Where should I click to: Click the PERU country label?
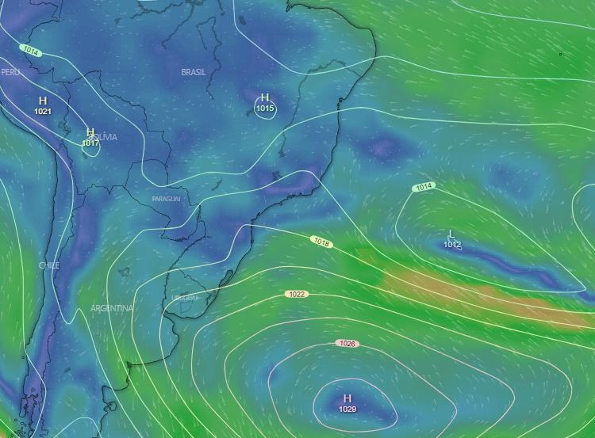coord(10,72)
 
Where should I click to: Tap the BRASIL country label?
coord(194,72)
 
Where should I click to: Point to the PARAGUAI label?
coord(166,198)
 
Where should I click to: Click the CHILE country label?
coord(48,265)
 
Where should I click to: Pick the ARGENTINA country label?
coord(112,308)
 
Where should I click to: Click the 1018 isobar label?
coord(321,241)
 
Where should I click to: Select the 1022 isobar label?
coord(297,294)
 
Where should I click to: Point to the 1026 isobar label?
coord(347,344)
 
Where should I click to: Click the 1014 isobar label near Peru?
coord(31,51)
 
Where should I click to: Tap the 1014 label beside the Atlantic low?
coord(424,187)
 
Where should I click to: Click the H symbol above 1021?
coord(43,101)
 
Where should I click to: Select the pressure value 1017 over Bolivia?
coord(90,143)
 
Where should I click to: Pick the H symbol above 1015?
coord(265,98)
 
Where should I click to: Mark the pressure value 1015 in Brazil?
coord(265,109)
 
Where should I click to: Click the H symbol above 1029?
coord(347,398)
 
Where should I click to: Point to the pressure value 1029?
coord(347,409)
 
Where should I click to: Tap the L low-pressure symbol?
coord(451,234)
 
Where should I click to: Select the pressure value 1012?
coord(452,245)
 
